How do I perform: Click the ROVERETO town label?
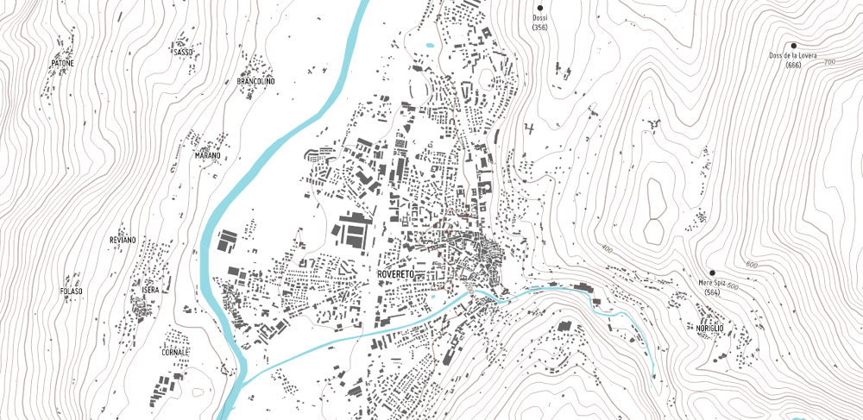397,273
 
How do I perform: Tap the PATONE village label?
62,64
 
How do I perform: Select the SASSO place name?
183,53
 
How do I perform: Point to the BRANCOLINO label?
255,81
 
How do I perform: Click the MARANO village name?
207,156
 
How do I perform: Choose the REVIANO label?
123,240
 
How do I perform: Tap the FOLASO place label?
72,291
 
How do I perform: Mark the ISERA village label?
150,291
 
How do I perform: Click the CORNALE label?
174,352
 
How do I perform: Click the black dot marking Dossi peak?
540,8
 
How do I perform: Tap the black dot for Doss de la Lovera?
793,46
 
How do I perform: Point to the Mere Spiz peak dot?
712,273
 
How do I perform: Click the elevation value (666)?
793,66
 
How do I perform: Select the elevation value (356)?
540,28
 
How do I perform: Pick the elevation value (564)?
712,292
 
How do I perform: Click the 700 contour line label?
830,62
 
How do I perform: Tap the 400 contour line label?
606,249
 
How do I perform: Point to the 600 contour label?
751,265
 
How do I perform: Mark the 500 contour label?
733,285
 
